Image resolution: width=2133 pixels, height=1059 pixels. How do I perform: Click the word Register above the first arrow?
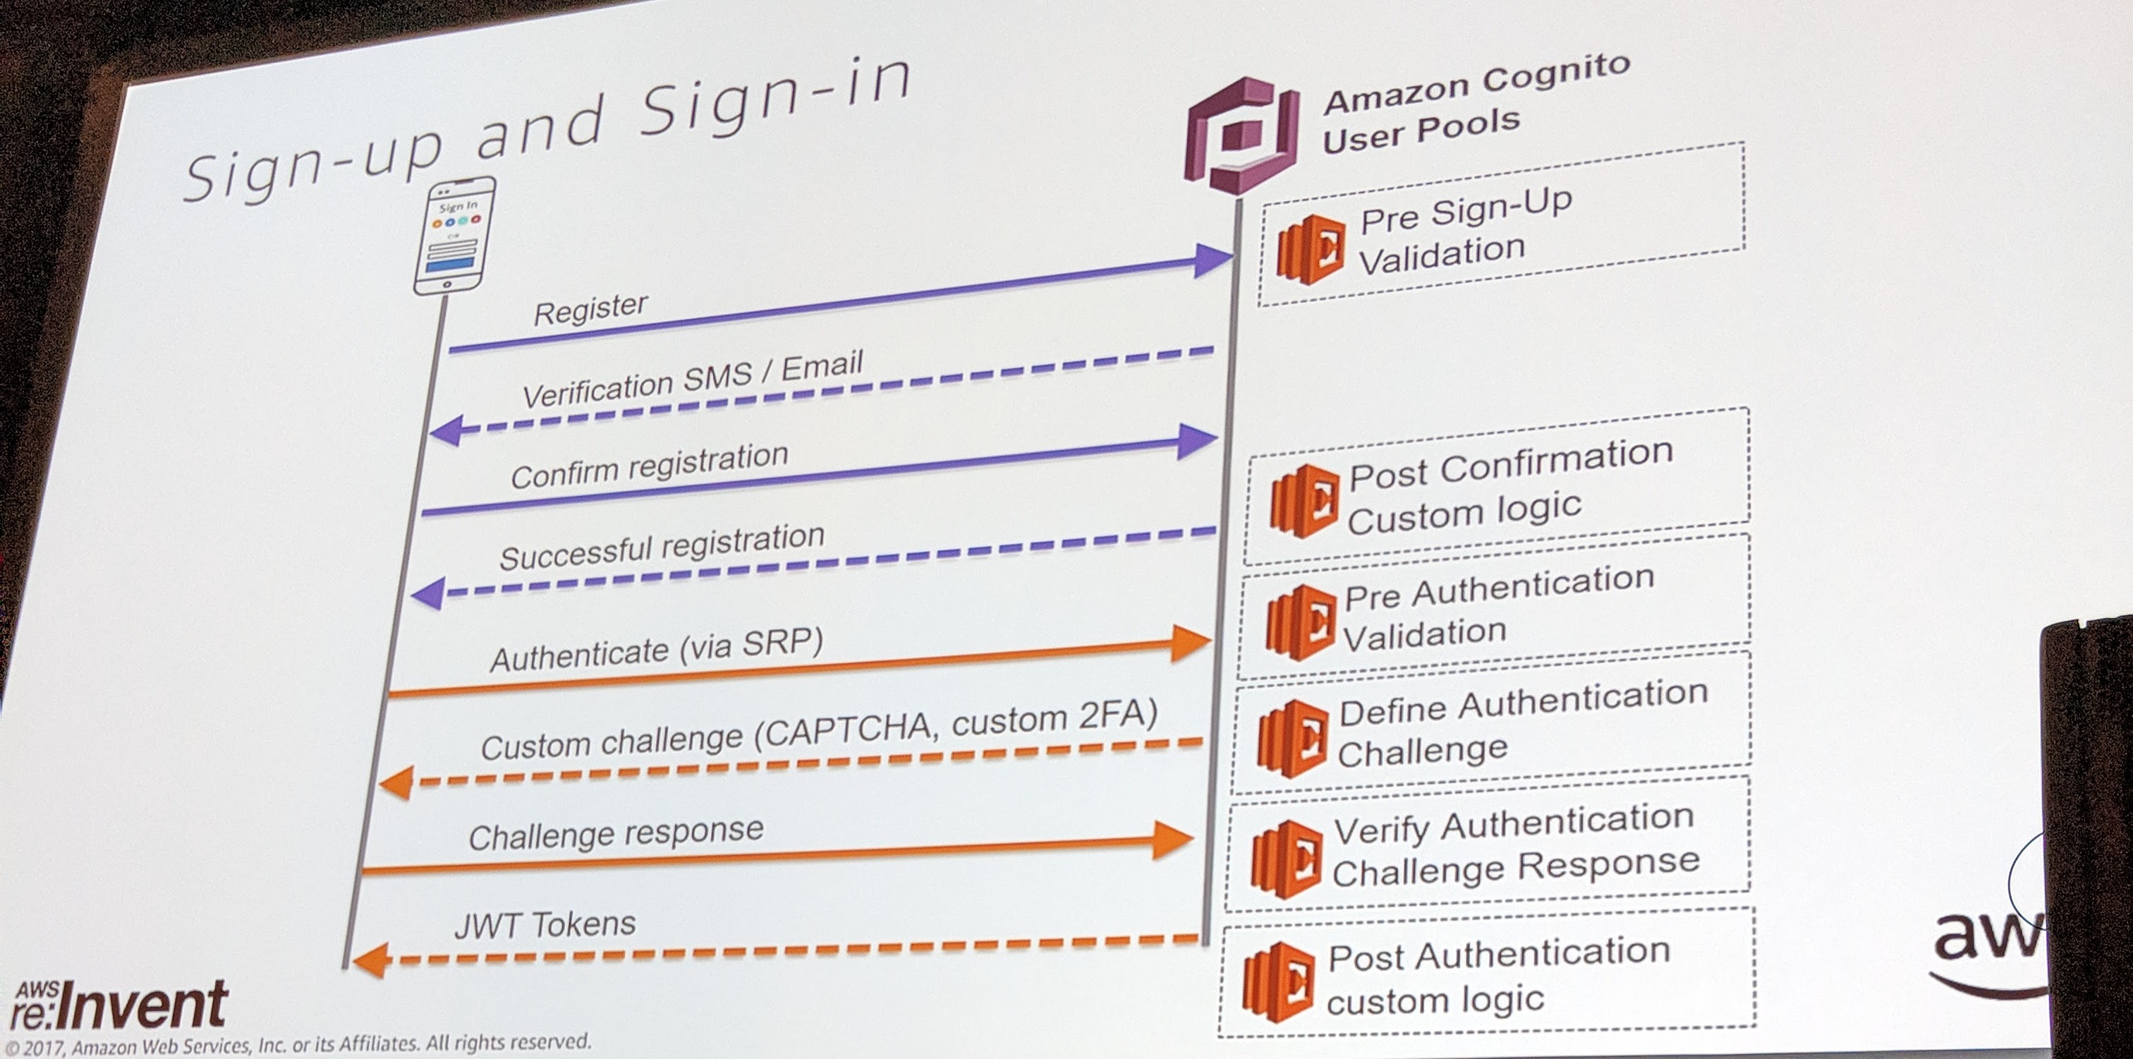[590, 310]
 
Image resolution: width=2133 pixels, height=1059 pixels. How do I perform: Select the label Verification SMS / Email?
[692, 379]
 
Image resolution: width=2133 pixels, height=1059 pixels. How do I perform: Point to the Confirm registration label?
[649, 466]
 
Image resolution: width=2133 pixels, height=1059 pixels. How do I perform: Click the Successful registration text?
[662, 547]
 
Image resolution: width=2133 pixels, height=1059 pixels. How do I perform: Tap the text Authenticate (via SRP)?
[657, 649]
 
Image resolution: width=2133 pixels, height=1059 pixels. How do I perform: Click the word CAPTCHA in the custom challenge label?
[851, 729]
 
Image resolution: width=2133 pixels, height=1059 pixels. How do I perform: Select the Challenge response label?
[616, 834]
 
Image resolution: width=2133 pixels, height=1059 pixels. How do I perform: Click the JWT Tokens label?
[545, 925]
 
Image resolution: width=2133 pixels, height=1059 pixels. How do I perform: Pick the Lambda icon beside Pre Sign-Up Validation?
[1310, 249]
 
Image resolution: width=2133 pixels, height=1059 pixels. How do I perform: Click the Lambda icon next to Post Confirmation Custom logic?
[1304, 501]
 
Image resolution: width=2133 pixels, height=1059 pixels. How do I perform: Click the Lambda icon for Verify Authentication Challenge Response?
[1286, 859]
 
